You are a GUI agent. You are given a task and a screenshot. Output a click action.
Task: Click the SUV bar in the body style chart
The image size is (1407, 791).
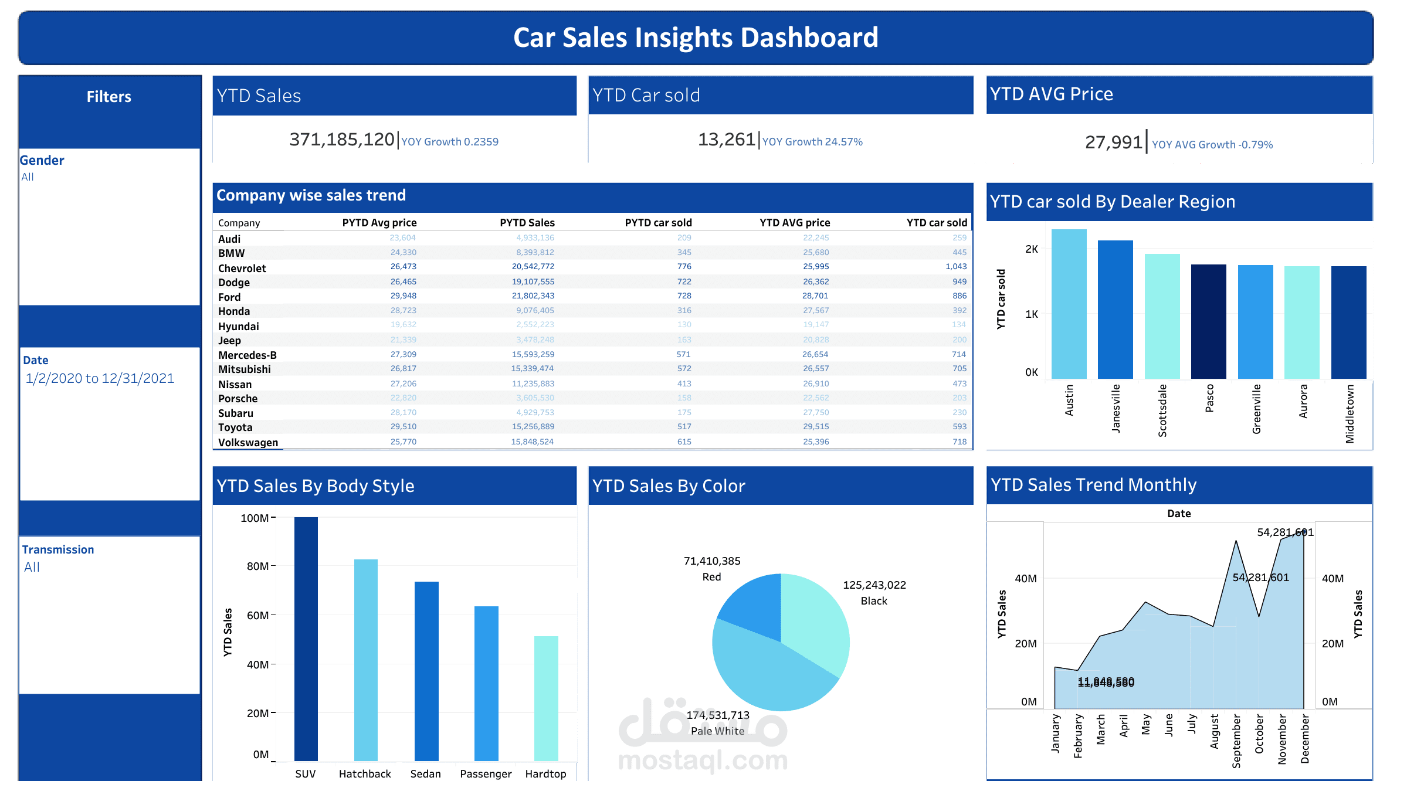pos(306,639)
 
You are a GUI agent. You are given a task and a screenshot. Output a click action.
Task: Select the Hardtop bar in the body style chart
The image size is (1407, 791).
pos(546,698)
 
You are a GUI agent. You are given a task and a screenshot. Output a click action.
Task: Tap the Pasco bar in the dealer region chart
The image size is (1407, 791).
pos(1208,321)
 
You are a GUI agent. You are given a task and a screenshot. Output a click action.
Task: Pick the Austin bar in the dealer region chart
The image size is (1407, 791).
pos(1069,304)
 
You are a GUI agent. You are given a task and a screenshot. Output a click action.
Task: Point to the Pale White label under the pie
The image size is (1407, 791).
pos(717,731)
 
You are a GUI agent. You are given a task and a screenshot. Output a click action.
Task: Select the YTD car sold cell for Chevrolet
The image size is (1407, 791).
pos(955,267)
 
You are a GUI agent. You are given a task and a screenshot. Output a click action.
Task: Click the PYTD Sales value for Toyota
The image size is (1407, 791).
pos(533,427)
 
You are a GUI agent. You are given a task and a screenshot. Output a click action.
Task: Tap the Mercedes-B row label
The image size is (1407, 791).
pos(247,355)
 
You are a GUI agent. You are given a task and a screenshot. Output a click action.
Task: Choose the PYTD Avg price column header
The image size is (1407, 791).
pos(379,223)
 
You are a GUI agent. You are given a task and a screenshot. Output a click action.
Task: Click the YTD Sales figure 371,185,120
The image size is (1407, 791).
pos(341,140)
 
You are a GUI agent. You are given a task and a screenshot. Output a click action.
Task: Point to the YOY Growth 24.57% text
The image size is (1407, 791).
pos(812,142)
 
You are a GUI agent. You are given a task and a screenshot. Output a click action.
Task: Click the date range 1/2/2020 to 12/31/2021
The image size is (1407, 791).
pos(100,379)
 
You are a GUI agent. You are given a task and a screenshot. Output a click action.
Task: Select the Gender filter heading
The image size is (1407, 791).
pos(42,161)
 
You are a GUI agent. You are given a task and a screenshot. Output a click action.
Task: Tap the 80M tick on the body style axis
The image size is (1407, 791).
pos(257,566)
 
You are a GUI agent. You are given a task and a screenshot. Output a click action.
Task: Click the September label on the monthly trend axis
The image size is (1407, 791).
pos(1236,741)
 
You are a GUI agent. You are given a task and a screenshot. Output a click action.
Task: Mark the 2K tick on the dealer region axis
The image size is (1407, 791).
pos(1031,249)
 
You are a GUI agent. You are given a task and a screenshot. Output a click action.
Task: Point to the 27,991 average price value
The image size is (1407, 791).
pos(1113,142)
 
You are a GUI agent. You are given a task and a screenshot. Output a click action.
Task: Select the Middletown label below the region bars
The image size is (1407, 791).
pos(1350,413)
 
